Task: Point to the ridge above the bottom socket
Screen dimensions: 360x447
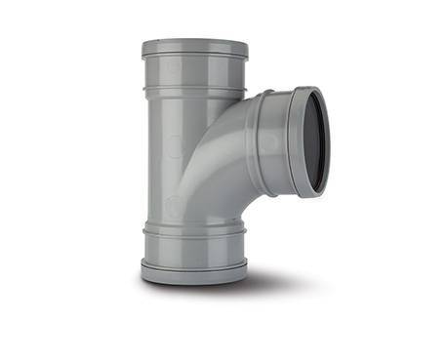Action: point(195,231)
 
